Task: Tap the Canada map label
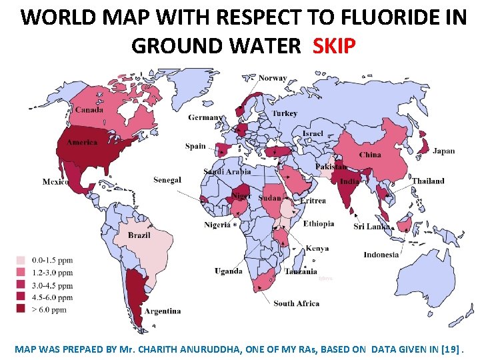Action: pyautogui.click(x=89, y=110)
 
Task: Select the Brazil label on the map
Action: pyautogui.click(x=139, y=235)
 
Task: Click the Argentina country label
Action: pyautogui.click(x=162, y=311)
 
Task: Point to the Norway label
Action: pyautogui.click(x=273, y=78)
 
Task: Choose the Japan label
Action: pyautogui.click(x=443, y=151)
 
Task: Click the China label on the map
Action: pyautogui.click(x=370, y=155)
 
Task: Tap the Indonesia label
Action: pyautogui.click(x=381, y=254)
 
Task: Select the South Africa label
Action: pyautogui.click(x=296, y=303)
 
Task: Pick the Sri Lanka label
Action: pyautogui.click(x=371, y=227)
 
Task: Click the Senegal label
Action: pyautogui.click(x=167, y=180)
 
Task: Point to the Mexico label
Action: pyautogui.click(x=55, y=182)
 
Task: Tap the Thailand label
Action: pyautogui.click(x=427, y=181)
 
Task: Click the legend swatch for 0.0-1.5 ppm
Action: pyautogui.click(x=21, y=261)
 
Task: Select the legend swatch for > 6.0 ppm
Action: pyautogui.click(x=21, y=309)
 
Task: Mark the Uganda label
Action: pyautogui.click(x=228, y=271)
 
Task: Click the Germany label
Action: pyautogui.click(x=205, y=117)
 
